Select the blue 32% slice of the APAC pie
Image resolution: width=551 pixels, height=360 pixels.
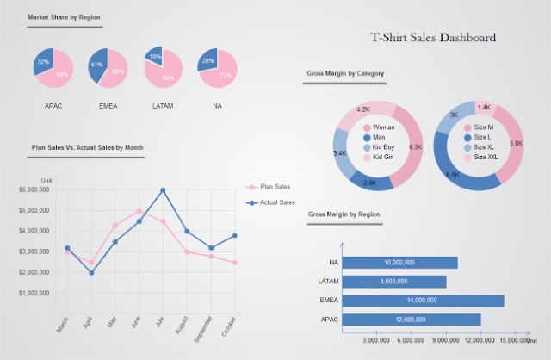click(43, 62)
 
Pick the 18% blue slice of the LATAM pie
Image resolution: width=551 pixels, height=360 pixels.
click(155, 56)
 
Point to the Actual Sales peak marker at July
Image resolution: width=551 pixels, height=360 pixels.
click(163, 189)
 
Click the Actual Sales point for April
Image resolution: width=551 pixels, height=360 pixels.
click(91, 272)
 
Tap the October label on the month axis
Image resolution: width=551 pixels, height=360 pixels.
click(228, 324)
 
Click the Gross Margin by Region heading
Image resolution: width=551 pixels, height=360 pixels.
click(344, 213)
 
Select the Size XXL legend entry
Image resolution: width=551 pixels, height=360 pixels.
click(485, 158)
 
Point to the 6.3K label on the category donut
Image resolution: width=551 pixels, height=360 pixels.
click(415, 147)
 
